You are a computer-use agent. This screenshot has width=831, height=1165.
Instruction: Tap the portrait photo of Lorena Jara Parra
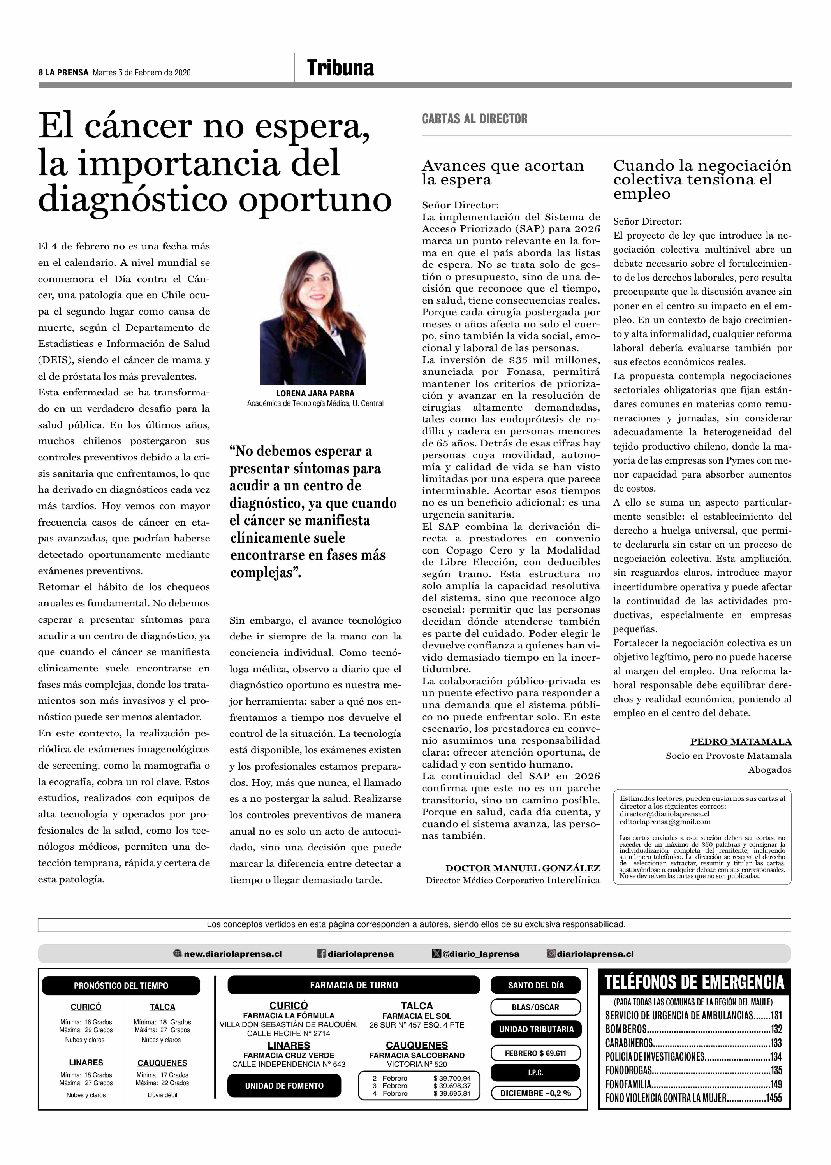[313, 317]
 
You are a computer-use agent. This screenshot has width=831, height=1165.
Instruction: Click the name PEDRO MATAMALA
[740, 741]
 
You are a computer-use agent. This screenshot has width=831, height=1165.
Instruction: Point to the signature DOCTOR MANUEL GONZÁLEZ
[522, 868]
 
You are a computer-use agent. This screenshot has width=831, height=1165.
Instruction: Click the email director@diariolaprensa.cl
[664, 814]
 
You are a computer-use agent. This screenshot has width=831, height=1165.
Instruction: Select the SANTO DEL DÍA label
[536, 985]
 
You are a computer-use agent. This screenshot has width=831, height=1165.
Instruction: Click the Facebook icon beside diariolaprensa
[321, 953]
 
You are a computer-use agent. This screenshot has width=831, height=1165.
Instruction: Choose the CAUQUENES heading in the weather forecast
[162, 1063]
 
